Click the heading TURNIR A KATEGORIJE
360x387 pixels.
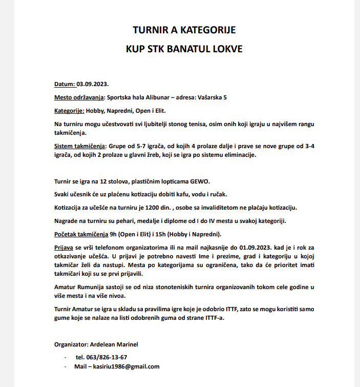click(x=184, y=30)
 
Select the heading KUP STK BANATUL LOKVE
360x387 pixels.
click(x=184, y=50)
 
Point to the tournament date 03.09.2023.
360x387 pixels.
click(x=93, y=84)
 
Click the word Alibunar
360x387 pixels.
click(x=154, y=97)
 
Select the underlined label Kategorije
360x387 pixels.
click(x=69, y=110)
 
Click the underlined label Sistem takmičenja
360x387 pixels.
click(x=79, y=146)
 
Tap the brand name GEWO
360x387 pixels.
click(x=200, y=182)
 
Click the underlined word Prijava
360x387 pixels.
click(x=63, y=248)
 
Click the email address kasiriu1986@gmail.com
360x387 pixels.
click(x=123, y=366)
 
